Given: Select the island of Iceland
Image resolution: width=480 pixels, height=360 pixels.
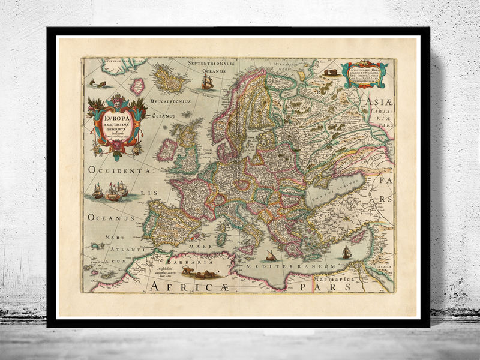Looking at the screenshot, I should [170, 79].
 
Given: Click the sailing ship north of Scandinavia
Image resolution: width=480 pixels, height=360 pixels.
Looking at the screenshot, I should [207, 80].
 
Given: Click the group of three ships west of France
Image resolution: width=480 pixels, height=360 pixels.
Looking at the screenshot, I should [110, 192].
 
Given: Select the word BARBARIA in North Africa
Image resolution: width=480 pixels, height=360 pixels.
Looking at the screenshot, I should [180, 261].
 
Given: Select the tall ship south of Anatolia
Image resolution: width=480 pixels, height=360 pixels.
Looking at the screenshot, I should [346, 252].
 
